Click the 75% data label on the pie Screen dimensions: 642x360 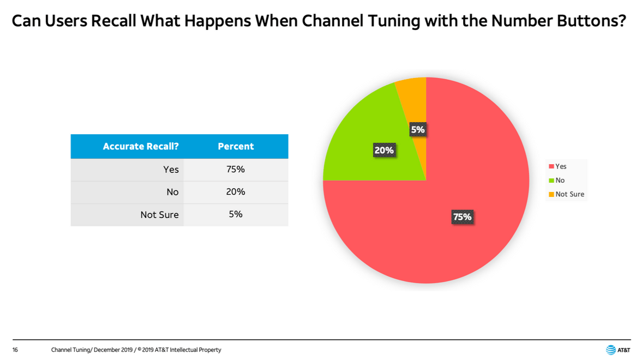pos(462,217)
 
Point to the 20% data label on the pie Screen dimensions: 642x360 pos(384,151)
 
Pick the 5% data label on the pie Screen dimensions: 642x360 pos(418,130)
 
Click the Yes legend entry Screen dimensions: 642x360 pos(557,166)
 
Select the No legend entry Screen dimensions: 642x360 pos(557,180)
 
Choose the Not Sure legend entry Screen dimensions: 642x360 pos(567,194)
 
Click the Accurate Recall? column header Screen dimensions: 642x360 pos(140,146)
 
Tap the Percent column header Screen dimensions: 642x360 pos(236,146)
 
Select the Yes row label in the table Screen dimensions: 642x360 pos(171,170)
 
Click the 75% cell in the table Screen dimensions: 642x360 pos(236,169)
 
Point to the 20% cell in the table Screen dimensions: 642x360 pos(236,191)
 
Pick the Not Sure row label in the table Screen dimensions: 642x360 pos(159,214)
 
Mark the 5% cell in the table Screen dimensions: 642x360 pos(236,214)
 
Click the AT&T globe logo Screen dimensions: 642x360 pos(610,350)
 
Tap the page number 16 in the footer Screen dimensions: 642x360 pos(15,350)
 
